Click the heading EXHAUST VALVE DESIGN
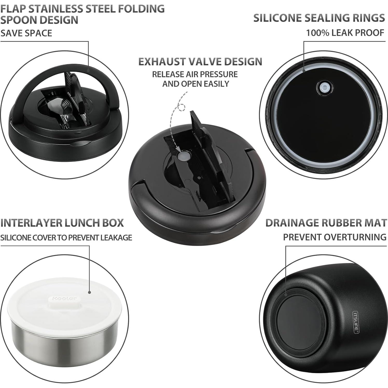point(200,62)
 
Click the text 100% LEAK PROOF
point(345,33)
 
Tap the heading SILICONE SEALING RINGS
point(319,18)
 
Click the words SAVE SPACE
point(26,33)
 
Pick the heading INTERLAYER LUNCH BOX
point(62,223)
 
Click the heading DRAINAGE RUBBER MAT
point(326,223)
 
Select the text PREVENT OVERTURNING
point(335,237)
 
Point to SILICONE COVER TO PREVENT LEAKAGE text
point(66,238)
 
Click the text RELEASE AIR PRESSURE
point(195,74)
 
